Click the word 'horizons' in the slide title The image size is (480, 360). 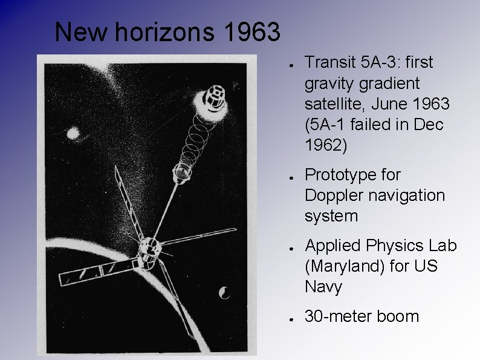(x=164, y=33)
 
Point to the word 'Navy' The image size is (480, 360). (x=323, y=287)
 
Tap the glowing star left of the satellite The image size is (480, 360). (x=74, y=133)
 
